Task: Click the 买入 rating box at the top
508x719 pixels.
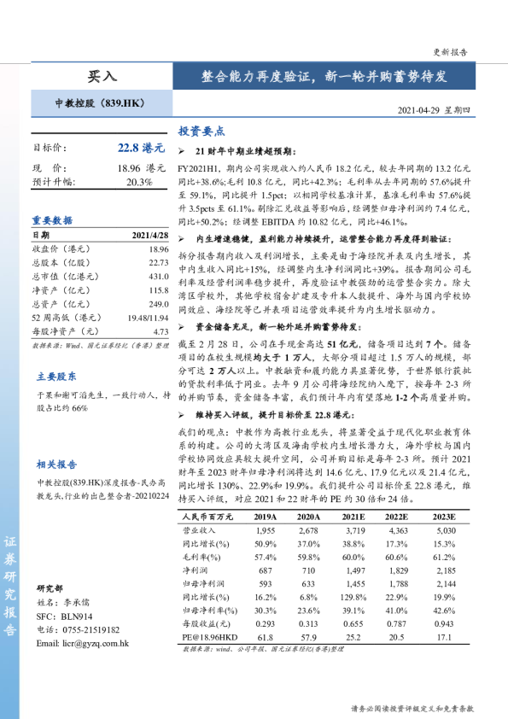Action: click(102, 76)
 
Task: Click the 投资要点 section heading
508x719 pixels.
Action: click(201, 132)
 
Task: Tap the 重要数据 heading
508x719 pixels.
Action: click(52, 220)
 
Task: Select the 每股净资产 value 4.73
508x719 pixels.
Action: click(161, 331)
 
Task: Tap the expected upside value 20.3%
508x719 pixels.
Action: click(138, 183)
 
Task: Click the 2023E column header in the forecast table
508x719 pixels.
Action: click(445, 517)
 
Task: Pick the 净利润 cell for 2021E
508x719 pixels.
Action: click(354, 570)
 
